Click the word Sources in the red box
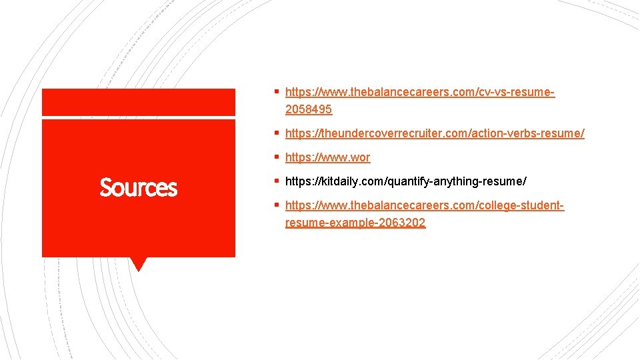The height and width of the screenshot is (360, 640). (139, 188)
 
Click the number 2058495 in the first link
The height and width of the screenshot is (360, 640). (308, 109)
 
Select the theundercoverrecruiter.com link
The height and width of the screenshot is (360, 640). (435, 133)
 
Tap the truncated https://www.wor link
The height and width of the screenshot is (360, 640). (327, 157)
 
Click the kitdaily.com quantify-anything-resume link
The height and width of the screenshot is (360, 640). (405, 181)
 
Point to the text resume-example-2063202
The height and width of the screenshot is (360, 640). (355, 223)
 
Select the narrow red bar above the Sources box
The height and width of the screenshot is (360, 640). (139, 102)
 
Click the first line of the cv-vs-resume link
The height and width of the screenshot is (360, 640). (420, 92)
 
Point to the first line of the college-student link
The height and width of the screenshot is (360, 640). (425, 206)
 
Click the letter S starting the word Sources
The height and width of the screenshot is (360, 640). (105, 188)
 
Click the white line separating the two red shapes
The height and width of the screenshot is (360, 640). (139, 117)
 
